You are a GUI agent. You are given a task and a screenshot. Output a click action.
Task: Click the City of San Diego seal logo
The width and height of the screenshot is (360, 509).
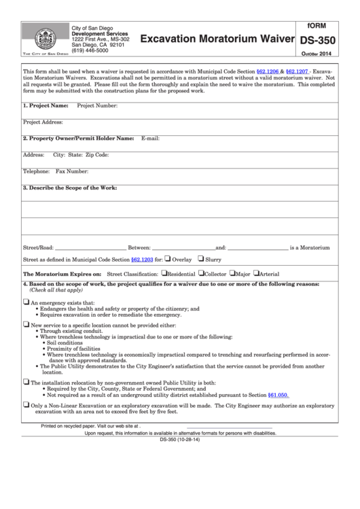(x=42, y=37)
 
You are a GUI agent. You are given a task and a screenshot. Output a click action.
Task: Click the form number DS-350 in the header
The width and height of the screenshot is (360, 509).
(x=317, y=41)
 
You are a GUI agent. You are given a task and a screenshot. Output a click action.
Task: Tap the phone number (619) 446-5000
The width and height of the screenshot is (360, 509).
(x=90, y=50)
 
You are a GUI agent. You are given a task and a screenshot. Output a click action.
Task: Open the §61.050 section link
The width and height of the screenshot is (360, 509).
(x=278, y=394)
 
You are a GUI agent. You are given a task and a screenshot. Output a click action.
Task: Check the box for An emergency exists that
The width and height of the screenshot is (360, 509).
(x=26, y=302)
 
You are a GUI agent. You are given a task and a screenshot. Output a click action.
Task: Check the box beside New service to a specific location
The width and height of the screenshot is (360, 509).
(x=26, y=325)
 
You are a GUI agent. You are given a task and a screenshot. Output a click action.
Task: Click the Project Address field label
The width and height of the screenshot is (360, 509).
(x=43, y=122)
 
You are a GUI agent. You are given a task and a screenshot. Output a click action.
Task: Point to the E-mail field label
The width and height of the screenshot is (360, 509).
(x=149, y=138)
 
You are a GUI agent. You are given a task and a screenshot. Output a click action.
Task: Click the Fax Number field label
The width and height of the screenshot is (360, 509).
(x=71, y=171)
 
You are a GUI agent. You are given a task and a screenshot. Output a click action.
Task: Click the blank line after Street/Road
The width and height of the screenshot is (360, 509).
(x=90, y=247)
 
